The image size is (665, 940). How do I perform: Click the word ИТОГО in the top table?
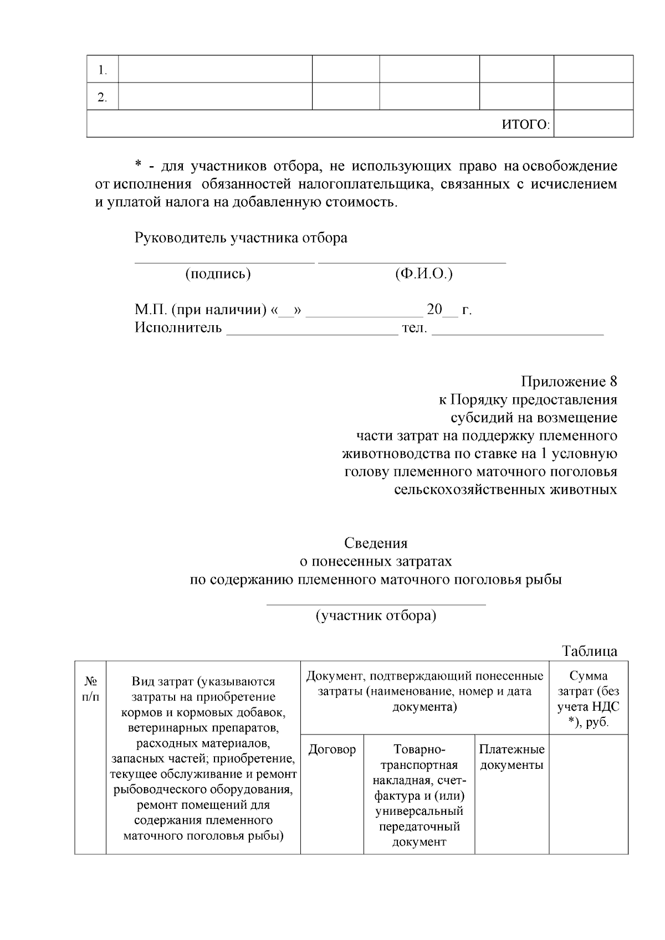tap(524, 125)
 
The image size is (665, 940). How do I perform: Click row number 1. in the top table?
tap(102, 70)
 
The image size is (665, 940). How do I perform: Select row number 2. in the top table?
tap(102, 97)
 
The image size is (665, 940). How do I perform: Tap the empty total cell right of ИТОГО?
tap(593, 124)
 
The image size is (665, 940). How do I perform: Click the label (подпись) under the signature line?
tap(218, 274)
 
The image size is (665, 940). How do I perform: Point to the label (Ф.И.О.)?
tap(424, 274)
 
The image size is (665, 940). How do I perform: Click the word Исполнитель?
tap(178, 328)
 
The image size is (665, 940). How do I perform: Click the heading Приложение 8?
tap(569, 382)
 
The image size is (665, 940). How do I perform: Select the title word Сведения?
tap(376, 543)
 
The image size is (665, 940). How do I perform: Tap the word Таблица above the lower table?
tap(589, 651)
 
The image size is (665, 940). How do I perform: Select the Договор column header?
tap(332, 750)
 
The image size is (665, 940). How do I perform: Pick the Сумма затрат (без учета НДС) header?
tap(589, 699)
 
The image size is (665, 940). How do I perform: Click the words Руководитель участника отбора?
tap(241, 238)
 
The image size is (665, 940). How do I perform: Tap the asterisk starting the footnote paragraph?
tap(139, 166)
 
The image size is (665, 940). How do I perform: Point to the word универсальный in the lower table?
tap(419, 811)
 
